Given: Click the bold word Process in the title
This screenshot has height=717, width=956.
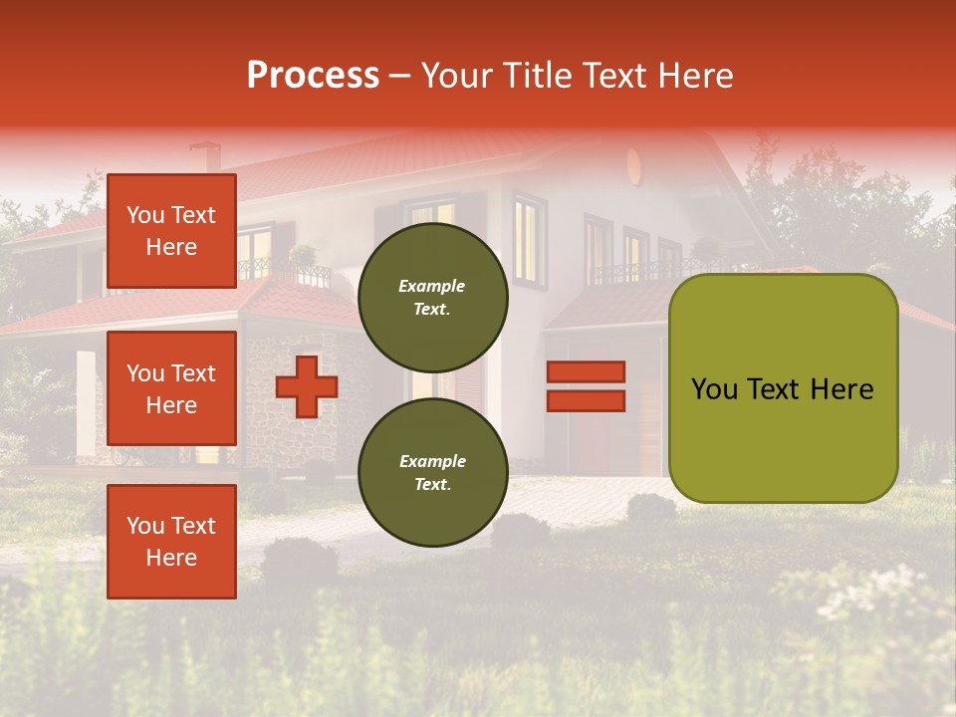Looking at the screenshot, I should point(313,76).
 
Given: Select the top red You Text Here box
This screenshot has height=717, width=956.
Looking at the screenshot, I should point(171,231).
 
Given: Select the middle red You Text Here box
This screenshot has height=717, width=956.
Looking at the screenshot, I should point(171,388).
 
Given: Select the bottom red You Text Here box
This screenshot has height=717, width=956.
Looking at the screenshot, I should point(171,542).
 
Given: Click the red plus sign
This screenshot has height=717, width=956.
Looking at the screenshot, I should point(307,386).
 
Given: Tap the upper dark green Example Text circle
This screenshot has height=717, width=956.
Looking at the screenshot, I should point(432,298).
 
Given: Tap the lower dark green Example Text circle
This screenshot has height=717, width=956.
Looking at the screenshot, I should point(432,473).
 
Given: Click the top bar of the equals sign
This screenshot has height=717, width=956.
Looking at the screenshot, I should point(586,371).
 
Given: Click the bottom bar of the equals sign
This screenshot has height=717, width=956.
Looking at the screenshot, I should point(586,401).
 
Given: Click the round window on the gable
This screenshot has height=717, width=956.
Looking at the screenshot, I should point(635,165).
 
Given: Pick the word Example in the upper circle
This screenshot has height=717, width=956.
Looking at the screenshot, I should point(432,286).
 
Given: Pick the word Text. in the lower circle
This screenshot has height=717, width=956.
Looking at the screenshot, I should point(432,485).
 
